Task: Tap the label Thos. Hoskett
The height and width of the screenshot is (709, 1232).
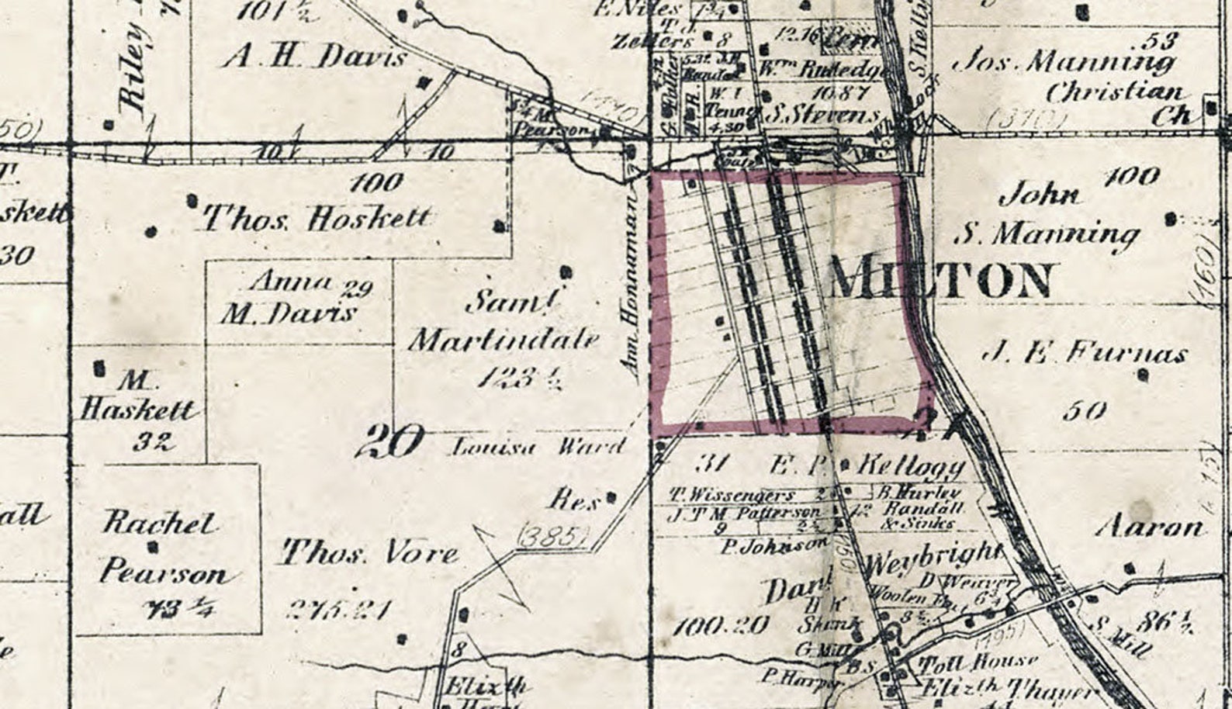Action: (x=316, y=219)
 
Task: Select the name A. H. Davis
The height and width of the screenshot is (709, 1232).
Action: (x=314, y=56)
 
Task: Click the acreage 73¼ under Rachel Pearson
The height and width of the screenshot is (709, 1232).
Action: (x=180, y=609)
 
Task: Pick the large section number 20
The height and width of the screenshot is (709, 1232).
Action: (x=389, y=443)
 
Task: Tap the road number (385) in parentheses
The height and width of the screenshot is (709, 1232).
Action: (x=552, y=535)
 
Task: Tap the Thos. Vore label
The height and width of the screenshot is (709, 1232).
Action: (x=369, y=554)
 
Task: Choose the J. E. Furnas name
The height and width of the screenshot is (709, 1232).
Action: (x=1085, y=354)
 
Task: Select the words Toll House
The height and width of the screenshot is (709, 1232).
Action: (x=978, y=663)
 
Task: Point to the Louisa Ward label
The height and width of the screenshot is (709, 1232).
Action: (x=538, y=447)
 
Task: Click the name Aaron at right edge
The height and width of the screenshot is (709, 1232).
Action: (x=1151, y=528)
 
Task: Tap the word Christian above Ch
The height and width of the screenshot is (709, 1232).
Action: (x=1114, y=92)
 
